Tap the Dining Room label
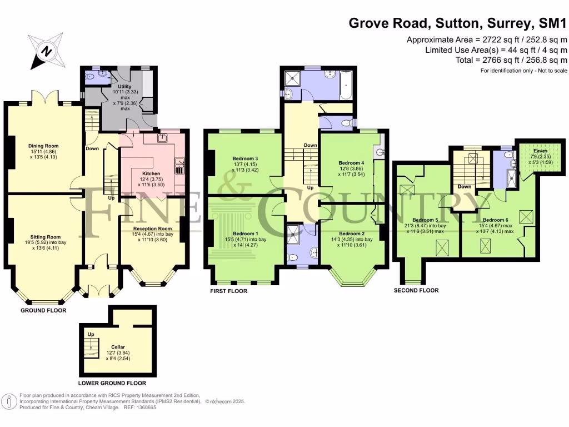point(43,146)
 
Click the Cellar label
point(117,346)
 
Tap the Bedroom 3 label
point(244,158)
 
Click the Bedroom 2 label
point(352,233)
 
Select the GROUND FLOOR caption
point(43,310)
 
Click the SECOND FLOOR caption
point(416,290)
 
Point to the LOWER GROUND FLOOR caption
point(112,383)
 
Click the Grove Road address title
point(458,23)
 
